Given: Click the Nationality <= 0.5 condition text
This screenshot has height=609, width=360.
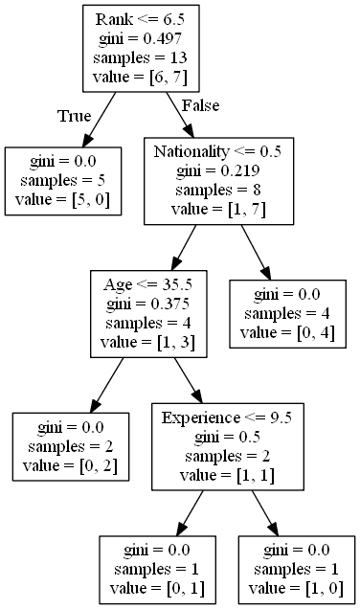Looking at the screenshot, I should click(217, 152).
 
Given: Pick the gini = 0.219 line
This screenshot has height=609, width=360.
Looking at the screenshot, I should click(217, 170).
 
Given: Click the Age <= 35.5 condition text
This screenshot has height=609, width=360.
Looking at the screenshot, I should click(145, 285).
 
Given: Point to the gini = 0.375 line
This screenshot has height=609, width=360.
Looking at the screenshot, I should click(145, 304).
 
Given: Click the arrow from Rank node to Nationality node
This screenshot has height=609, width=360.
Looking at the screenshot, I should click(177, 113).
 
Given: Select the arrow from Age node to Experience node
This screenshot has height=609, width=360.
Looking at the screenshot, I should click(186, 379).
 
